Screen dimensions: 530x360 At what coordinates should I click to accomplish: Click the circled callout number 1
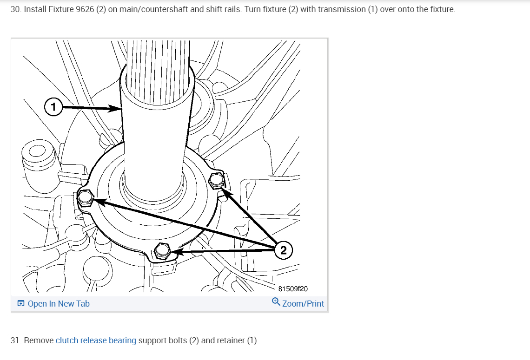click(x=53, y=107)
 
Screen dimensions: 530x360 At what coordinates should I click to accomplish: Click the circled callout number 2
click(x=284, y=250)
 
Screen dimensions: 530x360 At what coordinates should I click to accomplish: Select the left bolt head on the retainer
click(x=85, y=199)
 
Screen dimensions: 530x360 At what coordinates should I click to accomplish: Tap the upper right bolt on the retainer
click(x=217, y=180)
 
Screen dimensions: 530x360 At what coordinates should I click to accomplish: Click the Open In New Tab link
click(x=59, y=304)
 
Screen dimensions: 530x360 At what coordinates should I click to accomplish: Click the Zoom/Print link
click(x=303, y=303)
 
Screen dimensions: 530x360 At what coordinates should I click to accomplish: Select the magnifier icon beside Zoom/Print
click(x=276, y=302)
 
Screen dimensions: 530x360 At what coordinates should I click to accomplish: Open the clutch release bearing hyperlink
click(x=96, y=340)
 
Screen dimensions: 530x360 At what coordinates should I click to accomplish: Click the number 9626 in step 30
click(x=85, y=9)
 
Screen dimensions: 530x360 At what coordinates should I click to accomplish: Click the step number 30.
click(x=15, y=9)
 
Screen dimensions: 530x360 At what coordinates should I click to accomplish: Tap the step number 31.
click(x=15, y=340)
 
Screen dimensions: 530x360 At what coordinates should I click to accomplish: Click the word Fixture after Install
click(x=60, y=9)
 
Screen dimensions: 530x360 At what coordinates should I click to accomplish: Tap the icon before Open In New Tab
click(x=20, y=304)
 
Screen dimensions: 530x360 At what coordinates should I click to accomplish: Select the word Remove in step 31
click(x=39, y=340)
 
